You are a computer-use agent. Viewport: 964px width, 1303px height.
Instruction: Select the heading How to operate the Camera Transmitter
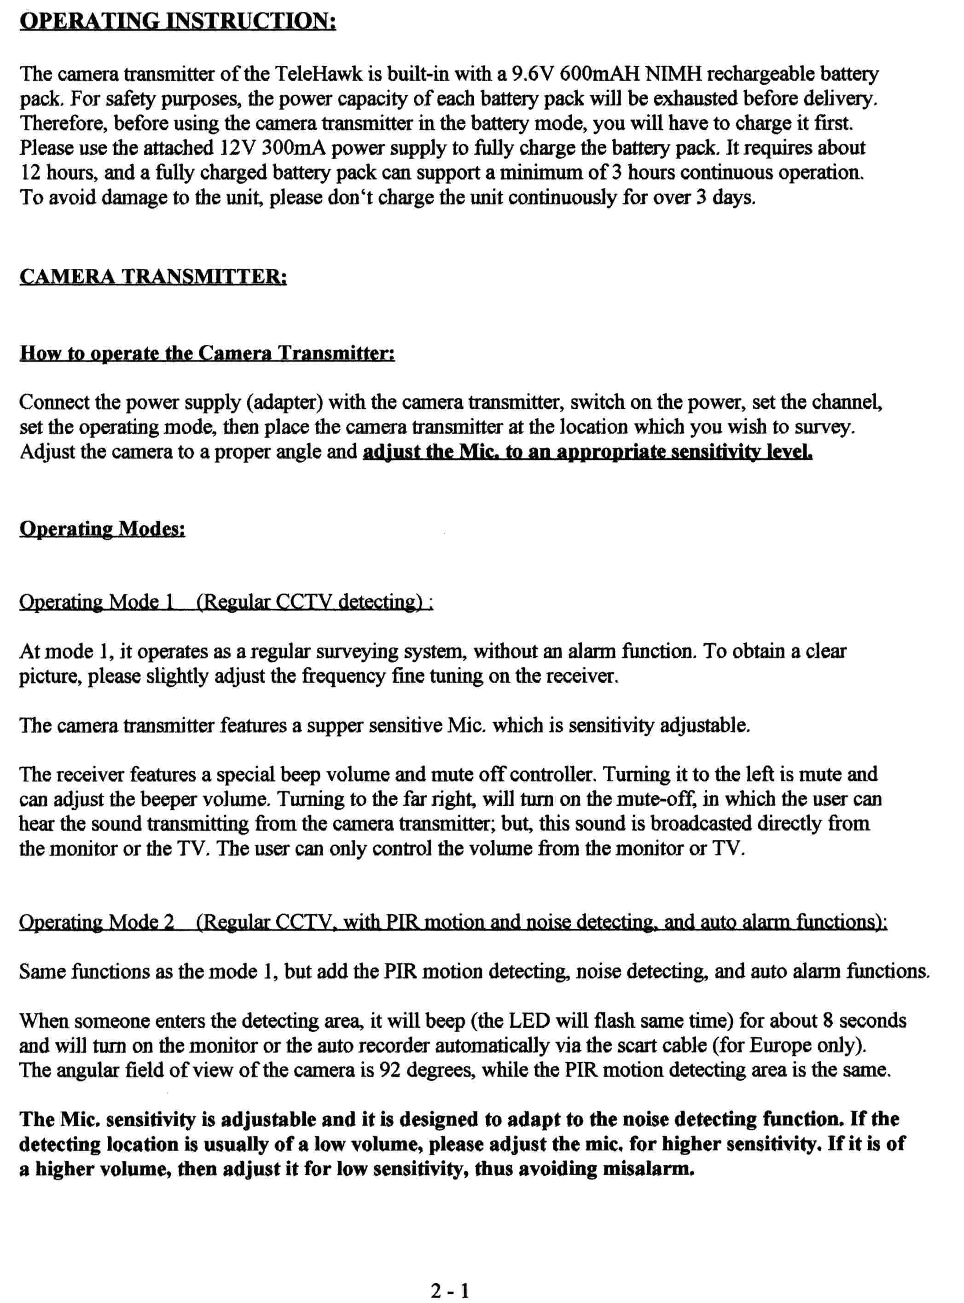(207, 354)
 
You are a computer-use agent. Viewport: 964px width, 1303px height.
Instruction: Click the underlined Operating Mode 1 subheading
(226, 602)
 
